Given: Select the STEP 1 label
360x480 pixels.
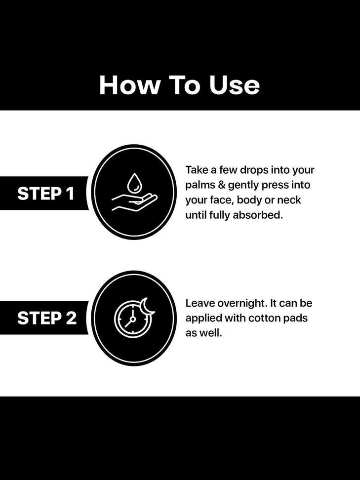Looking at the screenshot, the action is tap(45, 194).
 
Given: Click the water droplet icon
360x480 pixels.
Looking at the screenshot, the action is tap(133, 182).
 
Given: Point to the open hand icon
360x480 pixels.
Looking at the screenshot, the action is tap(134, 202).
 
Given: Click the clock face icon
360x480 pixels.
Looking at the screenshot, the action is tap(132, 319).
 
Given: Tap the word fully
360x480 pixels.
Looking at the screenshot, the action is tap(219, 215).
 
